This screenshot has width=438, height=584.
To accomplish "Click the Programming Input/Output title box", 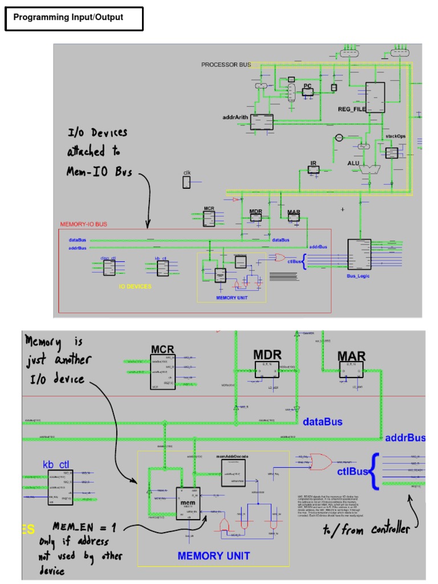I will [74, 18].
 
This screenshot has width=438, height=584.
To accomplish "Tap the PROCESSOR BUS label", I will [226, 65].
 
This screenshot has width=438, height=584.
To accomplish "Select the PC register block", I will [307, 92].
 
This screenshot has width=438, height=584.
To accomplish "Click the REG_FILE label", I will [351, 108].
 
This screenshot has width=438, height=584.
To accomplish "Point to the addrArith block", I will [262, 122].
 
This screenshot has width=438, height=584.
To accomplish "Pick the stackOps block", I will [391, 152].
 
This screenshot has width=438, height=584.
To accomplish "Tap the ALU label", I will [354, 163].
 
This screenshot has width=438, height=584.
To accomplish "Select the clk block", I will [186, 182].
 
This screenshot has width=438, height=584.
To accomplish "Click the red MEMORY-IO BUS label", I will [83, 224].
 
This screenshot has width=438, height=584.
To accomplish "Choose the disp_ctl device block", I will [109, 267].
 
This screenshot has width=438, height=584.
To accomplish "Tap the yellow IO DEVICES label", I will [135, 286].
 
